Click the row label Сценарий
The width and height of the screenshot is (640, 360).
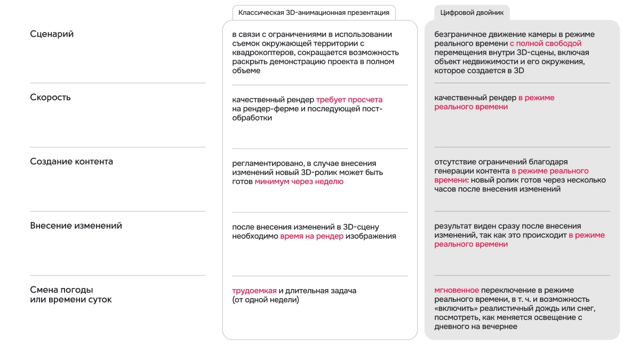(52, 34)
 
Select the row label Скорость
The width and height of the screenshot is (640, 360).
(50, 98)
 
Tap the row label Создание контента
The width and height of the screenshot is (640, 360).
(71, 162)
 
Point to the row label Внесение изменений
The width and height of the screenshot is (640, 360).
(76, 226)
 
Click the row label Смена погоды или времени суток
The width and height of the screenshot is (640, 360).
(71, 295)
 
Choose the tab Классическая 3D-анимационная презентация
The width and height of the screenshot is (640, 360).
(314, 13)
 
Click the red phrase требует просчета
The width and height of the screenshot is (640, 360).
(349, 100)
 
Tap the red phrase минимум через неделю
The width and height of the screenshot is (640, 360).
(299, 182)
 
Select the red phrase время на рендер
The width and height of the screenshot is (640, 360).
(311, 236)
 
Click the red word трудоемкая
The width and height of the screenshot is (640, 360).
(254, 291)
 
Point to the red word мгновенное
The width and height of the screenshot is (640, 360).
(457, 291)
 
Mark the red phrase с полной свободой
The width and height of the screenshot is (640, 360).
(546, 44)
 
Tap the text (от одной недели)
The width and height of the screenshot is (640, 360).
(266, 300)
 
